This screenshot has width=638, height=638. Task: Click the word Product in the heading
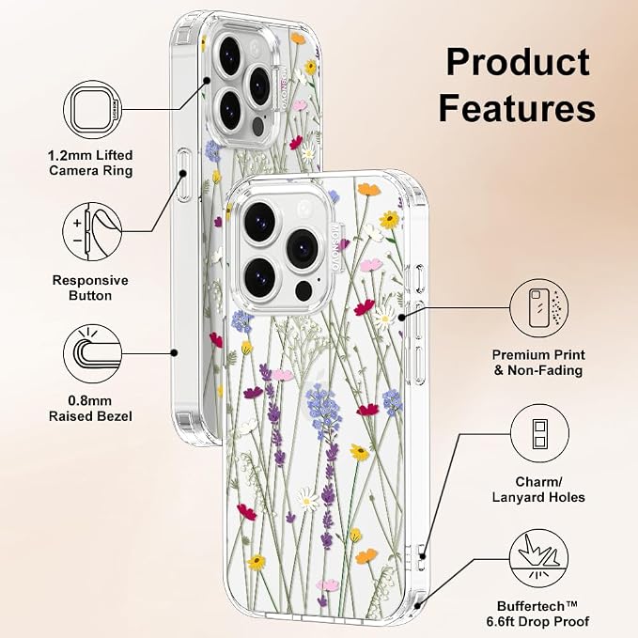click(518, 62)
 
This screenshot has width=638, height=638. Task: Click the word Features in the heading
click(517, 108)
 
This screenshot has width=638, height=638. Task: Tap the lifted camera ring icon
click(93, 110)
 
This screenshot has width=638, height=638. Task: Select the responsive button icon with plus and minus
click(92, 232)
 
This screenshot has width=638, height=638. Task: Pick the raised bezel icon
click(93, 353)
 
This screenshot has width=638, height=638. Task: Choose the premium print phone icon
click(539, 308)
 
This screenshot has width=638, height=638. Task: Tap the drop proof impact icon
click(539, 558)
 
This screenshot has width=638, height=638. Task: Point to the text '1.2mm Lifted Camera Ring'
click(90, 163)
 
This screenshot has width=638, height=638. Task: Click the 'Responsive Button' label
click(90, 288)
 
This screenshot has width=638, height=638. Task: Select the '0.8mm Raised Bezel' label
click(90, 409)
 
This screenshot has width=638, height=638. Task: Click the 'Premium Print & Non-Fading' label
click(538, 363)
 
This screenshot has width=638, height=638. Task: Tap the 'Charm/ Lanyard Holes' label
click(538, 490)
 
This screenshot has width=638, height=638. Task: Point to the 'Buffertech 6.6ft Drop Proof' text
click(537, 614)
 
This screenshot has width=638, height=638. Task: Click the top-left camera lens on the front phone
click(260, 220)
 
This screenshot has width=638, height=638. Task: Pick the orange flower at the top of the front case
click(368, 189)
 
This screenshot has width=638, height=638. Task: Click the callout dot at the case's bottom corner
click(417, 606)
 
